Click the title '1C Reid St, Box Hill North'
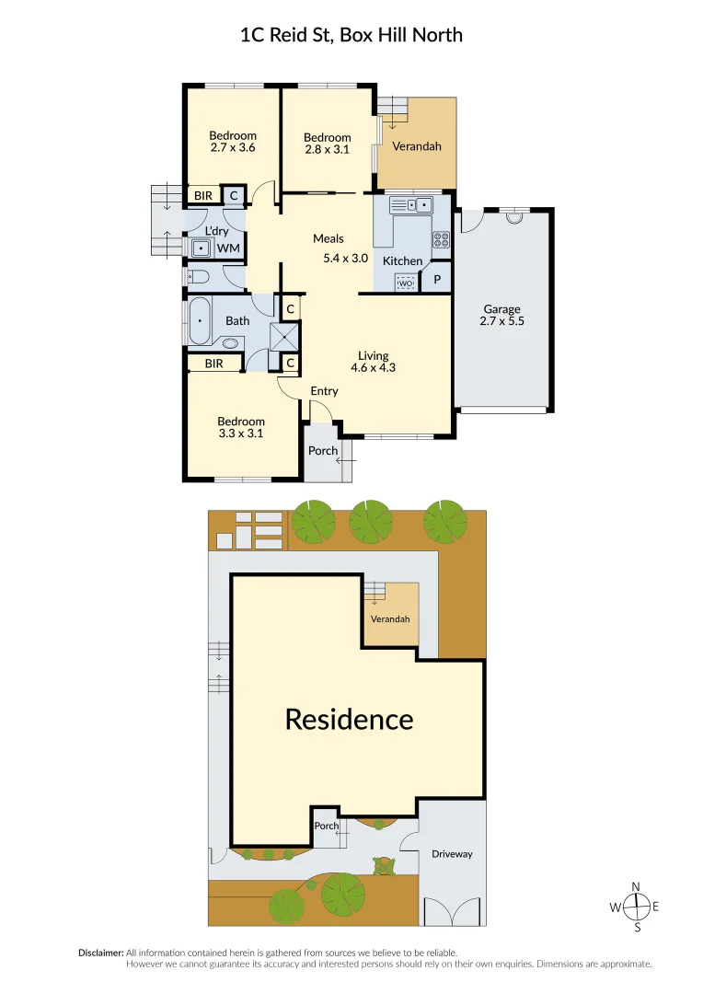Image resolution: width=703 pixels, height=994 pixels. click(351, 36)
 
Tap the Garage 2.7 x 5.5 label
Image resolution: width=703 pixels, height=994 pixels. click(501, 315)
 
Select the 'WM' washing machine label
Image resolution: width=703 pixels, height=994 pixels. click(228, 248)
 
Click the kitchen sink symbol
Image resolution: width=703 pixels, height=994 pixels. click(411, 205)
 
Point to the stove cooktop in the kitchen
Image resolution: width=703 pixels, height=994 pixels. click(441, 239)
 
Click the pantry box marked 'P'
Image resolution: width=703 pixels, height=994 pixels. click(437, 279)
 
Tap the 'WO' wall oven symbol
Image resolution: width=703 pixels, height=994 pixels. click(404, 283)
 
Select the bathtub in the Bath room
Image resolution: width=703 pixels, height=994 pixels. click(198, 321)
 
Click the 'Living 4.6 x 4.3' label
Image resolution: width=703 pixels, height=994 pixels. click(373, 362)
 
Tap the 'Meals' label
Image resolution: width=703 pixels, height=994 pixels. click(328, 239)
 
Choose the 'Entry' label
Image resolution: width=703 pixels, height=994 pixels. click(324, 391)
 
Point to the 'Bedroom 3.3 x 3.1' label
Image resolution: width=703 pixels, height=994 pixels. click(241, 427)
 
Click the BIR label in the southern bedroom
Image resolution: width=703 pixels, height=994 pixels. click(214, 364)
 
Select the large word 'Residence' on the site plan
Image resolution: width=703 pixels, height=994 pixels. click(349, 719)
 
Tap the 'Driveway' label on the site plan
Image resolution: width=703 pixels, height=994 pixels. click(452, 854)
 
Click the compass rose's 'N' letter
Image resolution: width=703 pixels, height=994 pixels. click(636, 886)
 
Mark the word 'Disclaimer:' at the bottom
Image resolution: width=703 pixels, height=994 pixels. click(100, 953)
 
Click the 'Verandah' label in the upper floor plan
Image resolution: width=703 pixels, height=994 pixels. click(417, 146)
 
